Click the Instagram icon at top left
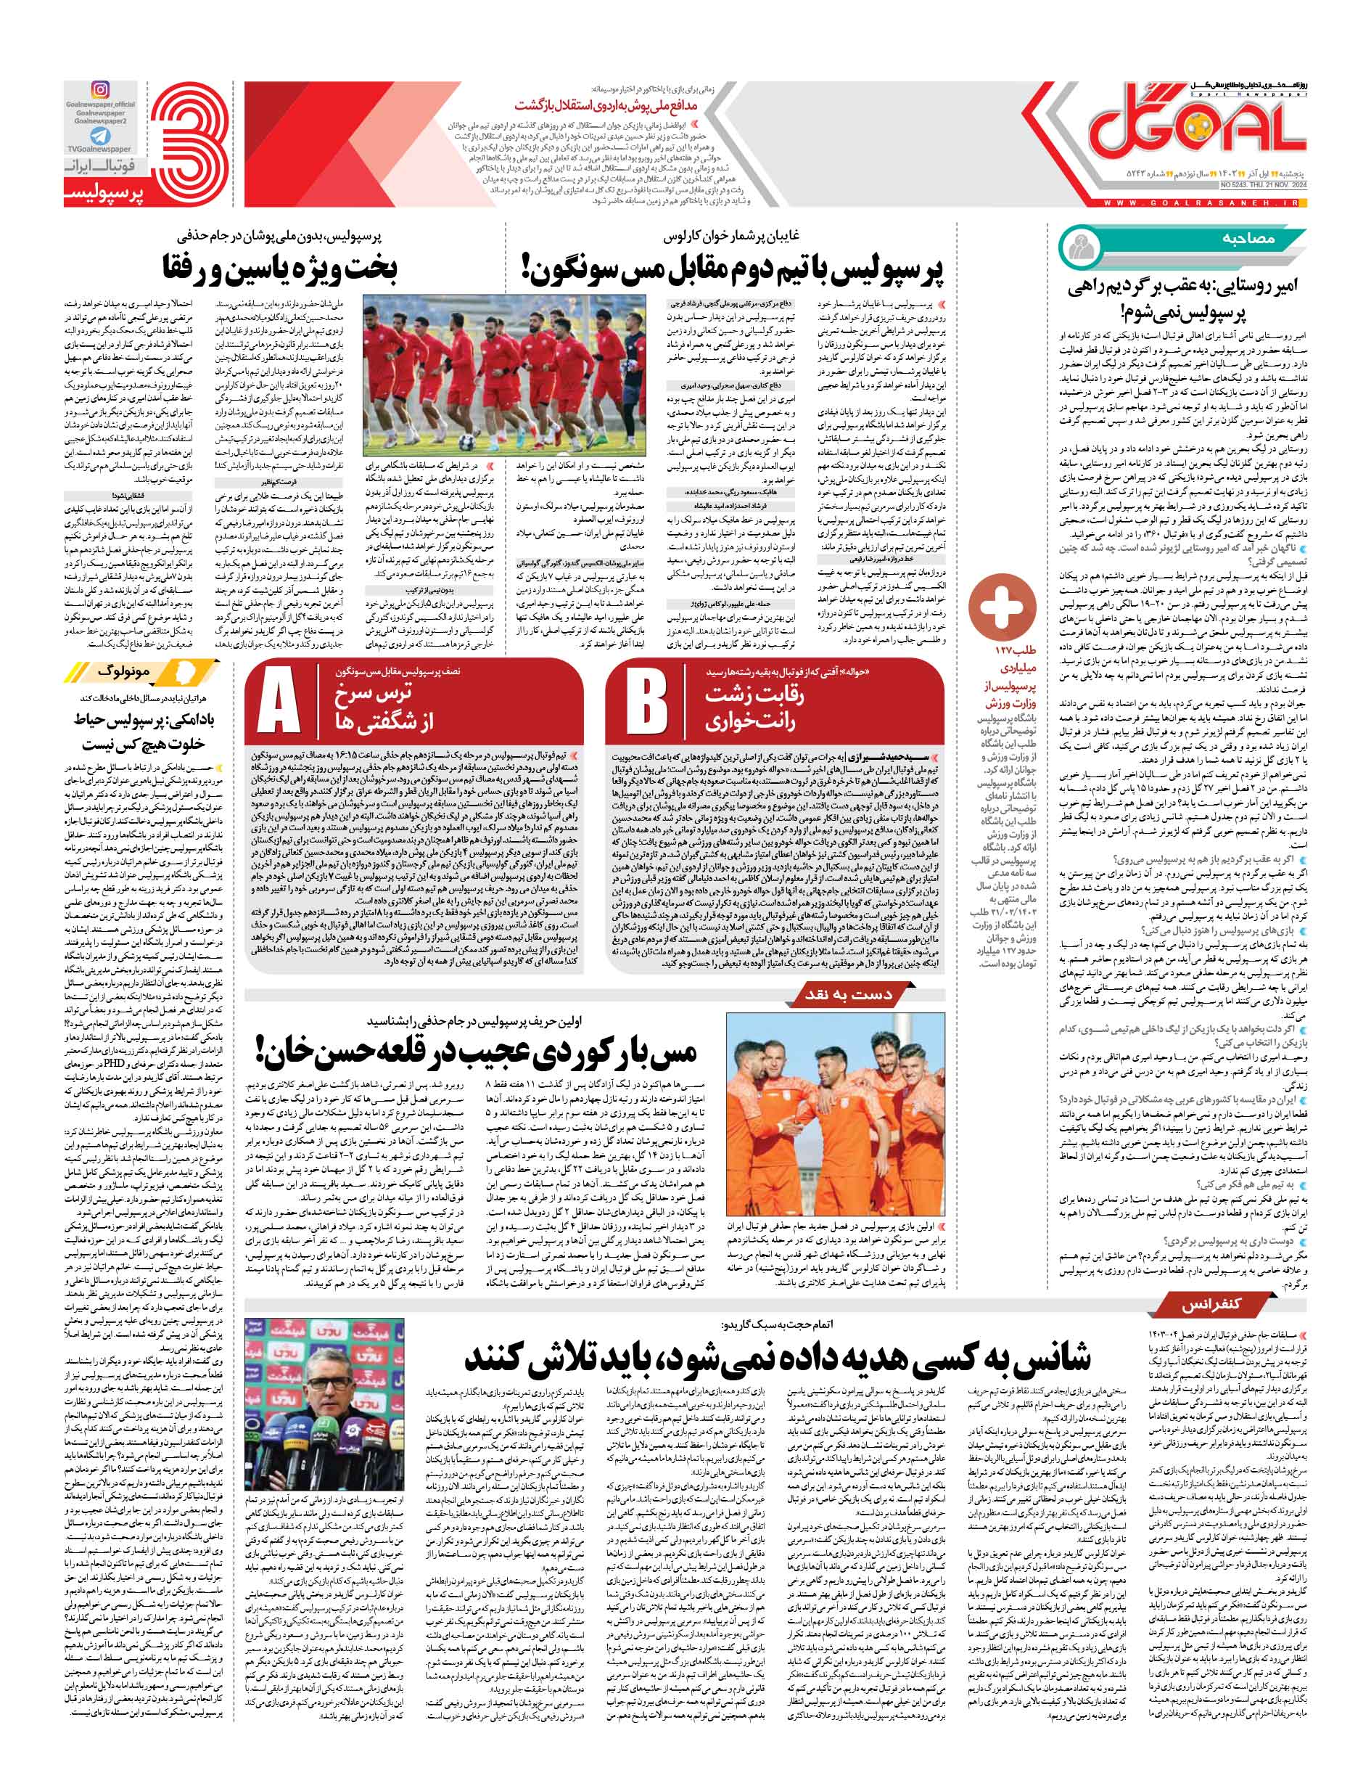pos(100,91)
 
